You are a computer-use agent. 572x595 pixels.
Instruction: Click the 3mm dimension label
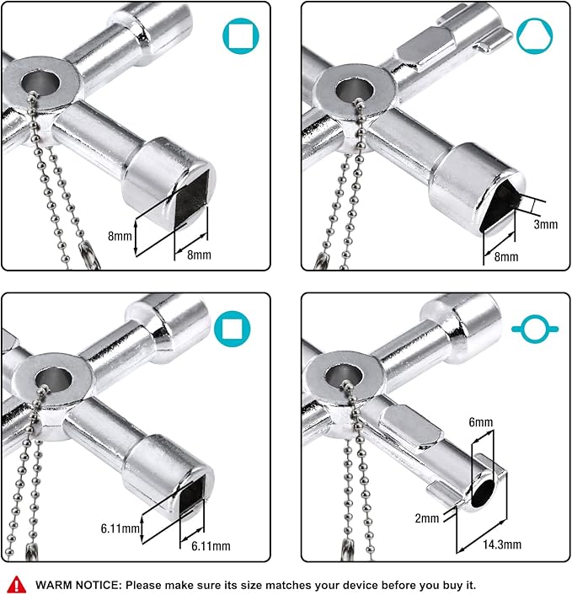point(545,225)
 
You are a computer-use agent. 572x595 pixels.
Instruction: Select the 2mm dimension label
point(427,517)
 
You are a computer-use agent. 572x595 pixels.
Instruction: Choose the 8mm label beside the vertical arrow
point(120,237)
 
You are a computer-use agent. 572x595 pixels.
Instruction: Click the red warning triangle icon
point(16,584)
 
